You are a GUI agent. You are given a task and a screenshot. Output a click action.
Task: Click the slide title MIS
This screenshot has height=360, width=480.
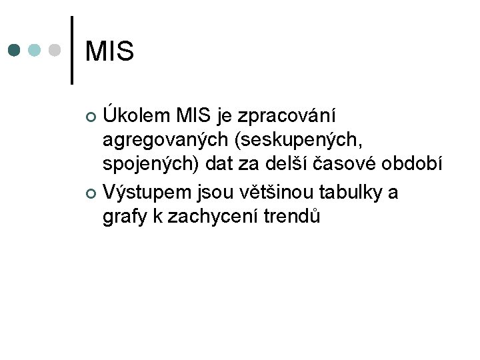[110, 51]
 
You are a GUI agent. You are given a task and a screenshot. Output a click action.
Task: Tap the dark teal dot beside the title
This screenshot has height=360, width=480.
[15, 51]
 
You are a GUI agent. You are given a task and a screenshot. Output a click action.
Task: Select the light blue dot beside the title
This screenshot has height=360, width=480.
[35, 51]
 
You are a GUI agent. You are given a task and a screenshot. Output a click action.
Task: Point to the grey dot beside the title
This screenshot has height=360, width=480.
[56, 51]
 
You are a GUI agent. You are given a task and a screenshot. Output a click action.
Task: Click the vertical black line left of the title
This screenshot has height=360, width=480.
[72, 51]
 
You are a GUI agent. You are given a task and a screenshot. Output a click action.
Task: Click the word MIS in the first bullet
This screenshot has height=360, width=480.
[194, 116]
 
